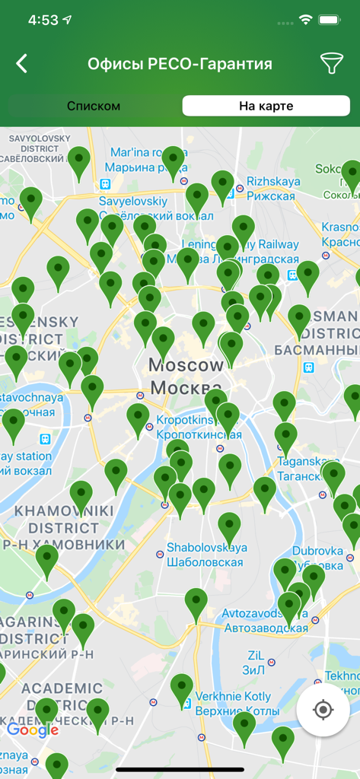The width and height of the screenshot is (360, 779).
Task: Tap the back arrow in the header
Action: point(22,64)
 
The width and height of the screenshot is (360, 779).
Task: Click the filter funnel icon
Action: point(332,64)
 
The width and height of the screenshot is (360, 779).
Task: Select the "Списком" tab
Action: point(94,106)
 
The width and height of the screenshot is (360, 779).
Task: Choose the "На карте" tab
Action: point(266,106)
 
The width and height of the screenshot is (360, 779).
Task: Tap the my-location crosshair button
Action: point(323,710)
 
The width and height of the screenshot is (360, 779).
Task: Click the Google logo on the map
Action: point(33,730)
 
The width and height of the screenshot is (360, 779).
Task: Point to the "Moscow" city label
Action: point(186,365)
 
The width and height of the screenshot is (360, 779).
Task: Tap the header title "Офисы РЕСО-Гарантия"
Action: point(180,64)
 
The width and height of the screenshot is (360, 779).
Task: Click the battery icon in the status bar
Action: point(329,20)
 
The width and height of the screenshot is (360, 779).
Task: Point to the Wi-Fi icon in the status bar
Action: point(306,20)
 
